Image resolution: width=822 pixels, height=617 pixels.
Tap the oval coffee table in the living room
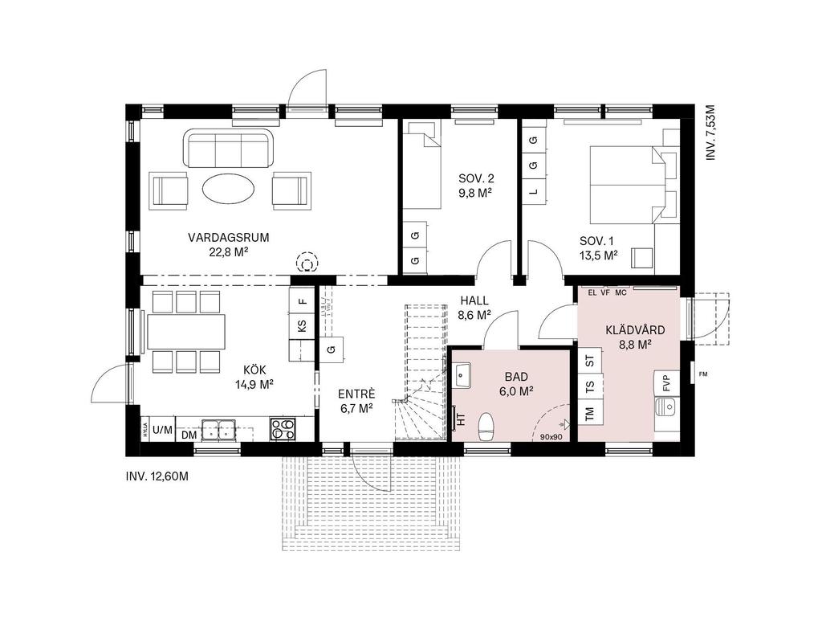coord(229,190)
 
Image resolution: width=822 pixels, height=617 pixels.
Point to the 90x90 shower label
coord(551,437)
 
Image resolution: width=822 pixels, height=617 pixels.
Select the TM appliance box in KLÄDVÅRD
coord(590,413)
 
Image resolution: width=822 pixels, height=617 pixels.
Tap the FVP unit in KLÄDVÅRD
coord(665,384)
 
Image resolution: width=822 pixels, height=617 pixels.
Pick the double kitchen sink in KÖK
coord(218,430)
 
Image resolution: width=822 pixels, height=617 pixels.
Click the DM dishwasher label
coord(189,435)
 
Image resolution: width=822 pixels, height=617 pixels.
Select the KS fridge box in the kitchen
coord(302,325)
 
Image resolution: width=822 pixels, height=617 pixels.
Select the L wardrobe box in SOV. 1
coord(533,191)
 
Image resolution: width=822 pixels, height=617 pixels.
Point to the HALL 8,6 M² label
coord(474,308)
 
